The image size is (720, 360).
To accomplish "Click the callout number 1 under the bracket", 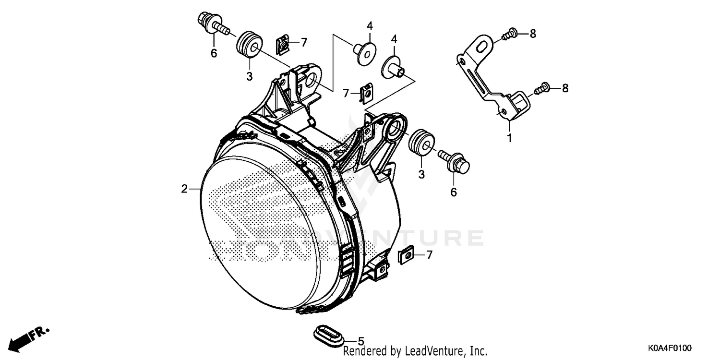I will tap(509, 139).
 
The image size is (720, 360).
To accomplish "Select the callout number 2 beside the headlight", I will tap(184, 189).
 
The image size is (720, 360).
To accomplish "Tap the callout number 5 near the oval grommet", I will tap(361, 339).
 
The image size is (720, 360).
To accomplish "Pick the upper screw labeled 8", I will tap(509, 34).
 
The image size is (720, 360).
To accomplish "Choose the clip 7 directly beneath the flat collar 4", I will tap(366, 93).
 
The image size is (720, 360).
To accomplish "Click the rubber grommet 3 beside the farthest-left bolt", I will tap(249, 44).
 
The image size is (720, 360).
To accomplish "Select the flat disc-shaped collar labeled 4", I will tap(366, 52).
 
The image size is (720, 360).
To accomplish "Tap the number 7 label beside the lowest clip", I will tap(429, 255).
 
